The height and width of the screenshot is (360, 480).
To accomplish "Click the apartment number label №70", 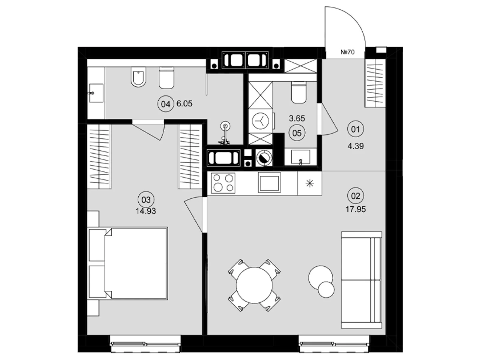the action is click(347, 52).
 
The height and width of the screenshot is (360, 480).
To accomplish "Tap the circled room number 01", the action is click(355, 129).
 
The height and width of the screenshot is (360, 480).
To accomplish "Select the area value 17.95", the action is click(355, 209).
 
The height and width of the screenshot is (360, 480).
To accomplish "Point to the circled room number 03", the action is click(146, 199).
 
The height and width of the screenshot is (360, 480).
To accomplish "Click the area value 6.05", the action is click(184, 103).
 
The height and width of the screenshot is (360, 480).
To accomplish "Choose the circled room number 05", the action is click(297, 133).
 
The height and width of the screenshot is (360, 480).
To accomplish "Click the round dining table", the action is click(254, 285).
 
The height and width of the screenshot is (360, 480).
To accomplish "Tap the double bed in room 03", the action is click(127, 263).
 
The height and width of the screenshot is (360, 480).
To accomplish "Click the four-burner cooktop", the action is click(223, 183).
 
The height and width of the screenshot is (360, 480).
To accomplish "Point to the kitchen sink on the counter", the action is click(269, 182).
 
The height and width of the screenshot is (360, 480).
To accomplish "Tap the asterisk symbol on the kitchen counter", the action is click(310, 183).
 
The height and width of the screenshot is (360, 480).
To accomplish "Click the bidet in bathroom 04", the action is click(138, 76).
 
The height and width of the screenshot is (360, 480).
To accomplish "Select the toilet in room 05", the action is click(298, 92).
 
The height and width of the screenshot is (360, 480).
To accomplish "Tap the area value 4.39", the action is click(355, 146).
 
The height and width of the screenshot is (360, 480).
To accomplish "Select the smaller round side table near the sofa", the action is click(326, 289).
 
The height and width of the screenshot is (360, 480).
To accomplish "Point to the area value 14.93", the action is click(146, 211).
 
